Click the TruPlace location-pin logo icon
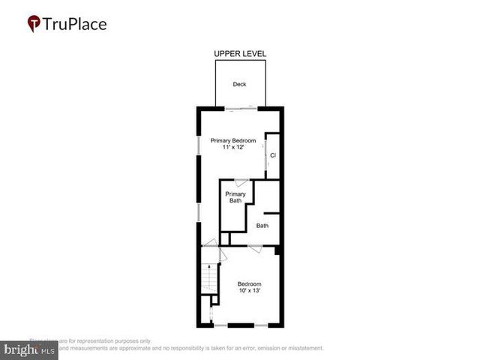pyautogui.click(x=34, y=24)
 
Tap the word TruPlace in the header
pyautogui.click(x=75, y=24)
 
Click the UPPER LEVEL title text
pyautogui.click(x=240, y=54)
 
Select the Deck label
pyautogui.click(x=239, y=84)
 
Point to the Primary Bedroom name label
pyautogui.click(x=233, y=141)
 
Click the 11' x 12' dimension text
pyautogui.click(x=233, y=148)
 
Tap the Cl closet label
pyautogui.click(x=273, y=155)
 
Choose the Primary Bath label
pyautogui.click(x=236, y=197)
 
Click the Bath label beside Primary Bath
pyautogui.click(x=262, y=226)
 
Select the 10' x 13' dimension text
pyautogui.click(x=249, y=290)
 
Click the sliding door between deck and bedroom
pyautogui.click(x=240, y=109)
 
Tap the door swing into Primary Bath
pyautogui.click(x=241, y=182)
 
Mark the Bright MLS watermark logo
pyautogui.click(x=30, y=349)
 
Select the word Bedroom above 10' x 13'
pyautogui.click(x=249, y=283)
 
